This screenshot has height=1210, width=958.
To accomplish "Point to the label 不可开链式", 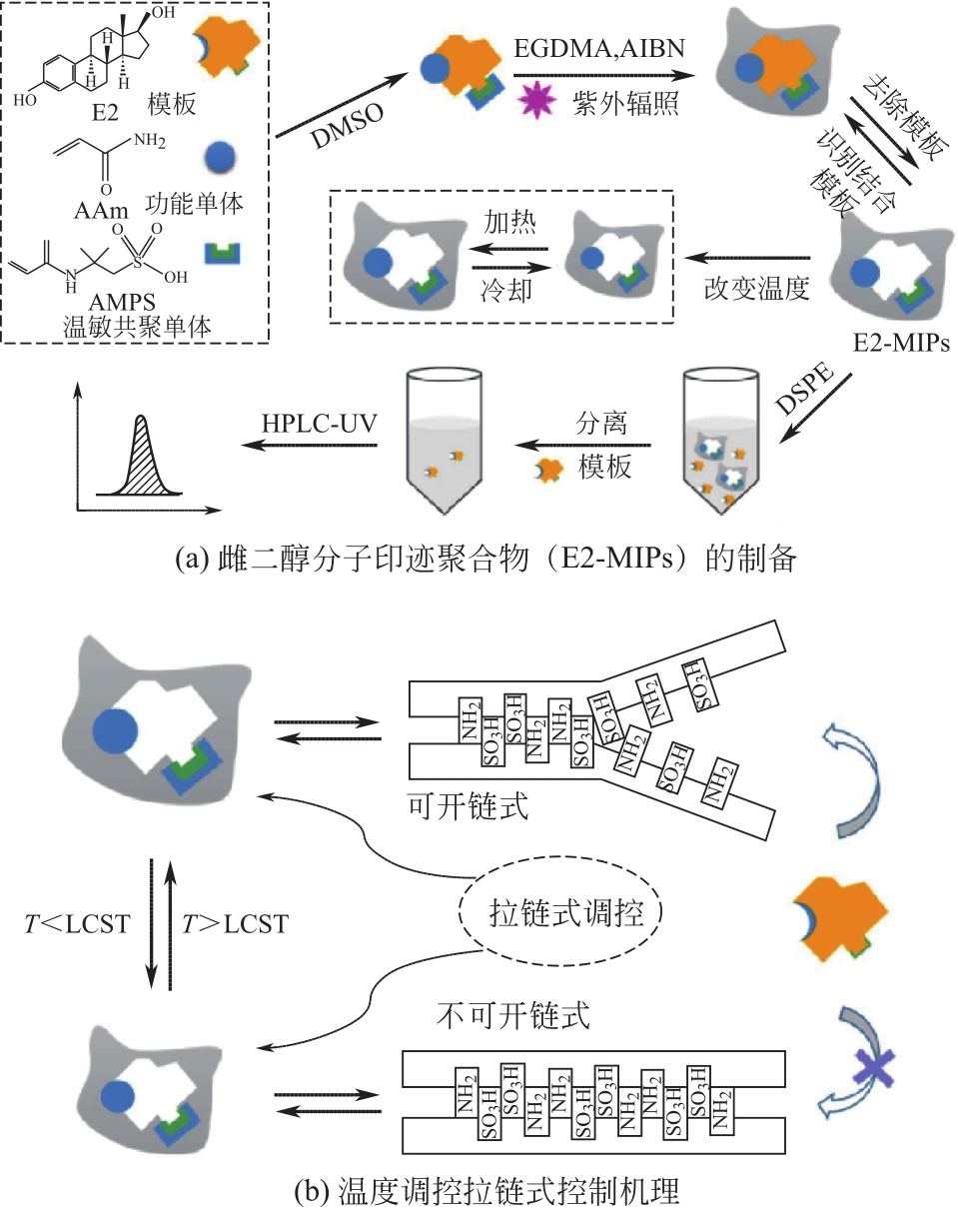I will click(x=514, y=1014).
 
